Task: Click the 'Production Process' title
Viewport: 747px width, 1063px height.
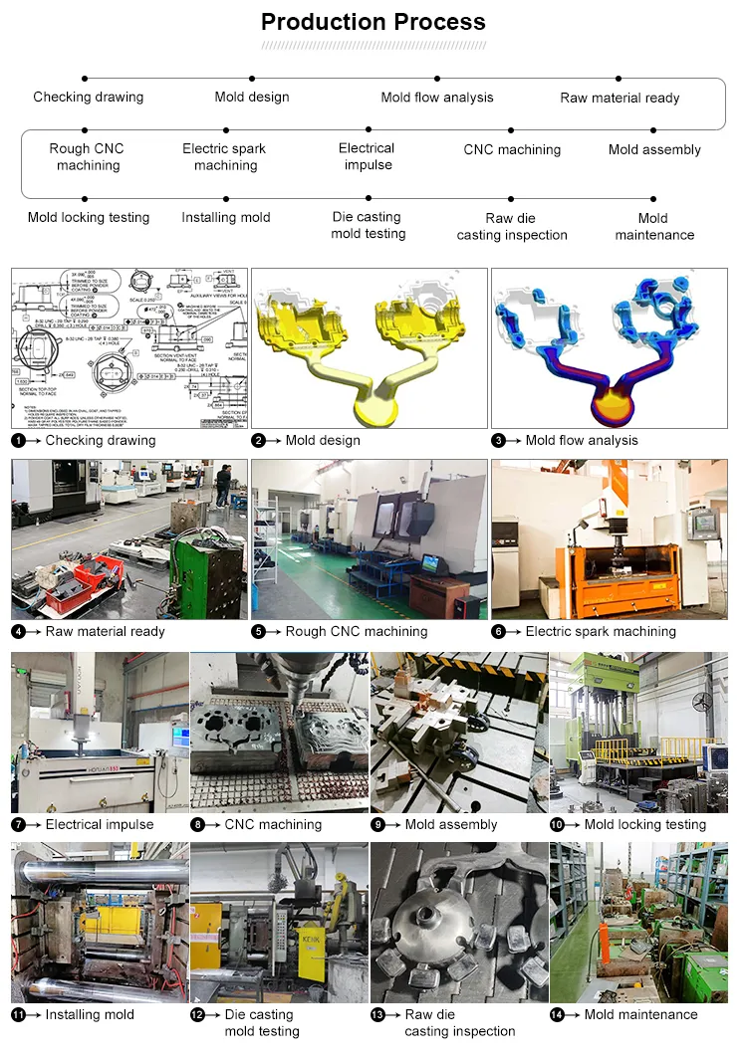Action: pyautogui.click(x=373, y=22)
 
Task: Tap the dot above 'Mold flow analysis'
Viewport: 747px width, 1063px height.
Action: pyautogui.click(x=437, y=78)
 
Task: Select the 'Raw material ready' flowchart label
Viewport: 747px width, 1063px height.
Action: pyautogui.click(x=620, y=98)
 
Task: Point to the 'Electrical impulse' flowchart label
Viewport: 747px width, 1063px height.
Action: pyautogui.click(x=368, y=156)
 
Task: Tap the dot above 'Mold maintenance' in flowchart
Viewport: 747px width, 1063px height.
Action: pyautogui.click(x=653, y=199)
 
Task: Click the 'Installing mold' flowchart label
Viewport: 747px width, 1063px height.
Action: pyautogui.click(x=226, y=217)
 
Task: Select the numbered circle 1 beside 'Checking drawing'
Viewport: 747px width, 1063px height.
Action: pyautogui.click(x=18, y=440)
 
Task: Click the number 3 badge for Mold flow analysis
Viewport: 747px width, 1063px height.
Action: pyautogui.click(x=498, y=440)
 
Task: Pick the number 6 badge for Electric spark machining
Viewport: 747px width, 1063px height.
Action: pyautogui.click(x=498, y=631)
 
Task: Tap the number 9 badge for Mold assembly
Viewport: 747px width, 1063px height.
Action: pyautogui.click(x=377, y=824)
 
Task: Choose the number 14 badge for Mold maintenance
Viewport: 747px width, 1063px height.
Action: pyautogui.click(x=558, y=1014)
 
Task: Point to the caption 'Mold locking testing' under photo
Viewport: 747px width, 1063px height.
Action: pyautogui.click(x=644, y=824)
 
